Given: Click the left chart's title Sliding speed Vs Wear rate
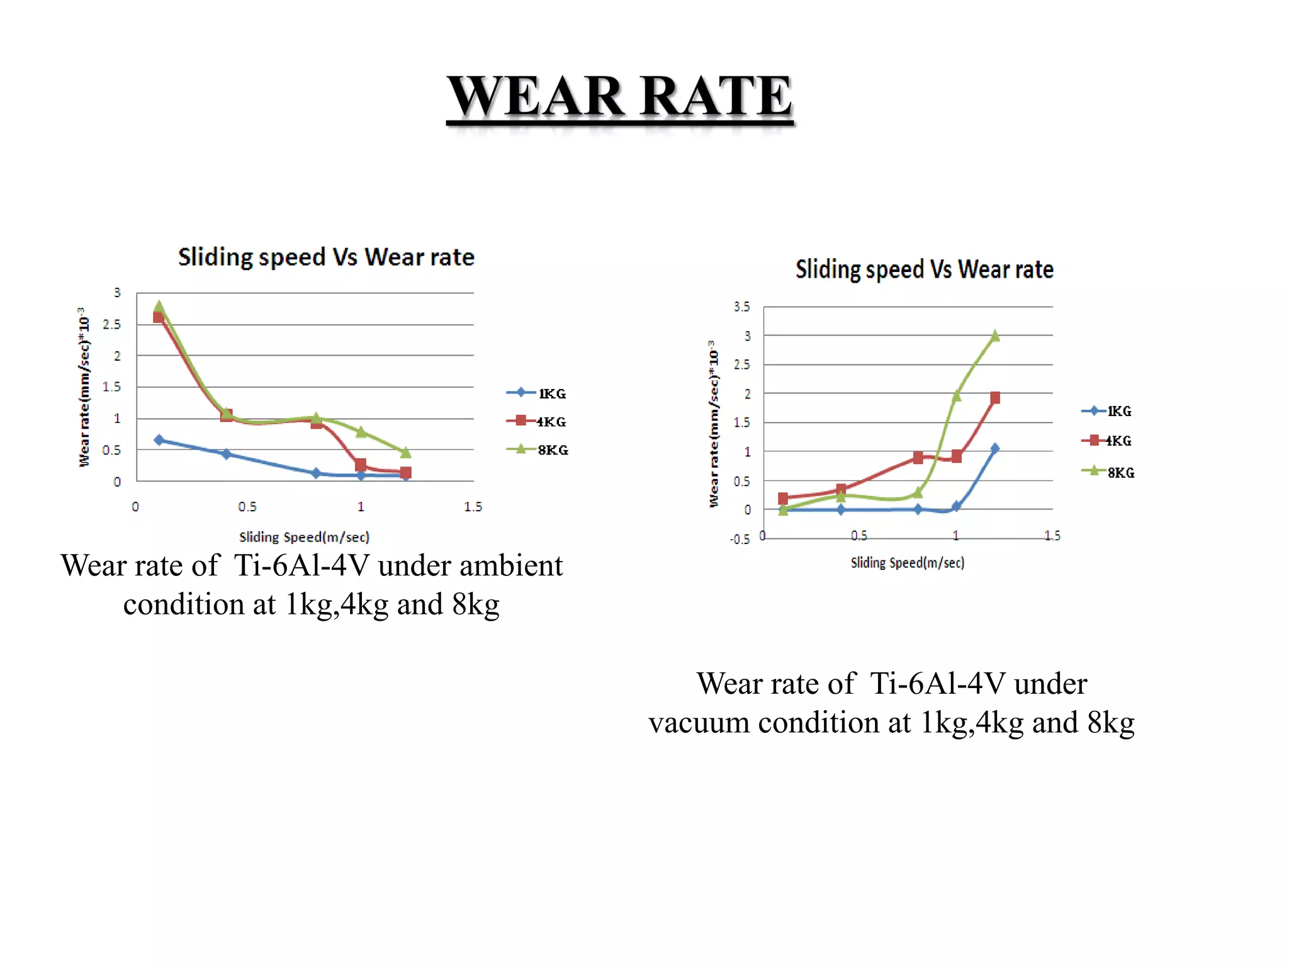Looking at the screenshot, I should click(326, 257).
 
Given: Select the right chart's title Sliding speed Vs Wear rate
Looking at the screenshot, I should click(924, 269).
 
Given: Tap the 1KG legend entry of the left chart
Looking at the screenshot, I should click(537, 393).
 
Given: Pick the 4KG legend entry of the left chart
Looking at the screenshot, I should click(537, 421).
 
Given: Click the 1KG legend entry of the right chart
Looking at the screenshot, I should click(1107, 411).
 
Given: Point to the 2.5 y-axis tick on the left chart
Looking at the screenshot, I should click(112, 324).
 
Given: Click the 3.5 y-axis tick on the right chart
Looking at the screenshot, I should click(741, 307).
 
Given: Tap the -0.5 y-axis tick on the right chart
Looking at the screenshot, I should click(740, 540).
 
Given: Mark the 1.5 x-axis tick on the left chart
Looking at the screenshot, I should click(473, 507).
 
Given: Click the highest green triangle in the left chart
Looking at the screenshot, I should click(159, 307).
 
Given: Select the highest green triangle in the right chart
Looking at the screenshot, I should click(994, 336).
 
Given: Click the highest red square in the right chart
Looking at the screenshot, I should click(994, 397).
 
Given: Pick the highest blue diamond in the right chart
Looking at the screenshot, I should click(994, 448).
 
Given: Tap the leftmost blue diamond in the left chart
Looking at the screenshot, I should click(159, 440).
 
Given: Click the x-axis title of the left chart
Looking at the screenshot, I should click(304, 537).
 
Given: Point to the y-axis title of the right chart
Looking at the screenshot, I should click(713, 424).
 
